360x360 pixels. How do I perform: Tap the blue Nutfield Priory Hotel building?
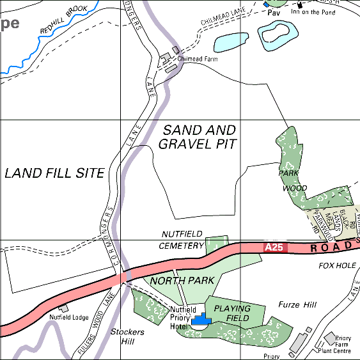[201, 318]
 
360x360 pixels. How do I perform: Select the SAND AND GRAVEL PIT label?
[199, 137]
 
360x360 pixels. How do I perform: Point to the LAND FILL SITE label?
[54, 173]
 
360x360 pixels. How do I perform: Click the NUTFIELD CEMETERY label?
[182, 240]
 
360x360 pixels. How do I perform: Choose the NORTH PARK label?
[182, 281]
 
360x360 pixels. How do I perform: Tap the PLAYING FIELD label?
[232, 313]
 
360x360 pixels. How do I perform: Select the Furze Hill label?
[298, 306]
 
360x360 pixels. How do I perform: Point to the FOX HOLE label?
[337, 265]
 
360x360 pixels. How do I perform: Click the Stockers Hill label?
[127, 336]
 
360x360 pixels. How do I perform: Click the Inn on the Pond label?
[314, 12]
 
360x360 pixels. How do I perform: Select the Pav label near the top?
[274, 12]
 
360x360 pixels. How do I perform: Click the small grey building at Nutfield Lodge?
[63, 308]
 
